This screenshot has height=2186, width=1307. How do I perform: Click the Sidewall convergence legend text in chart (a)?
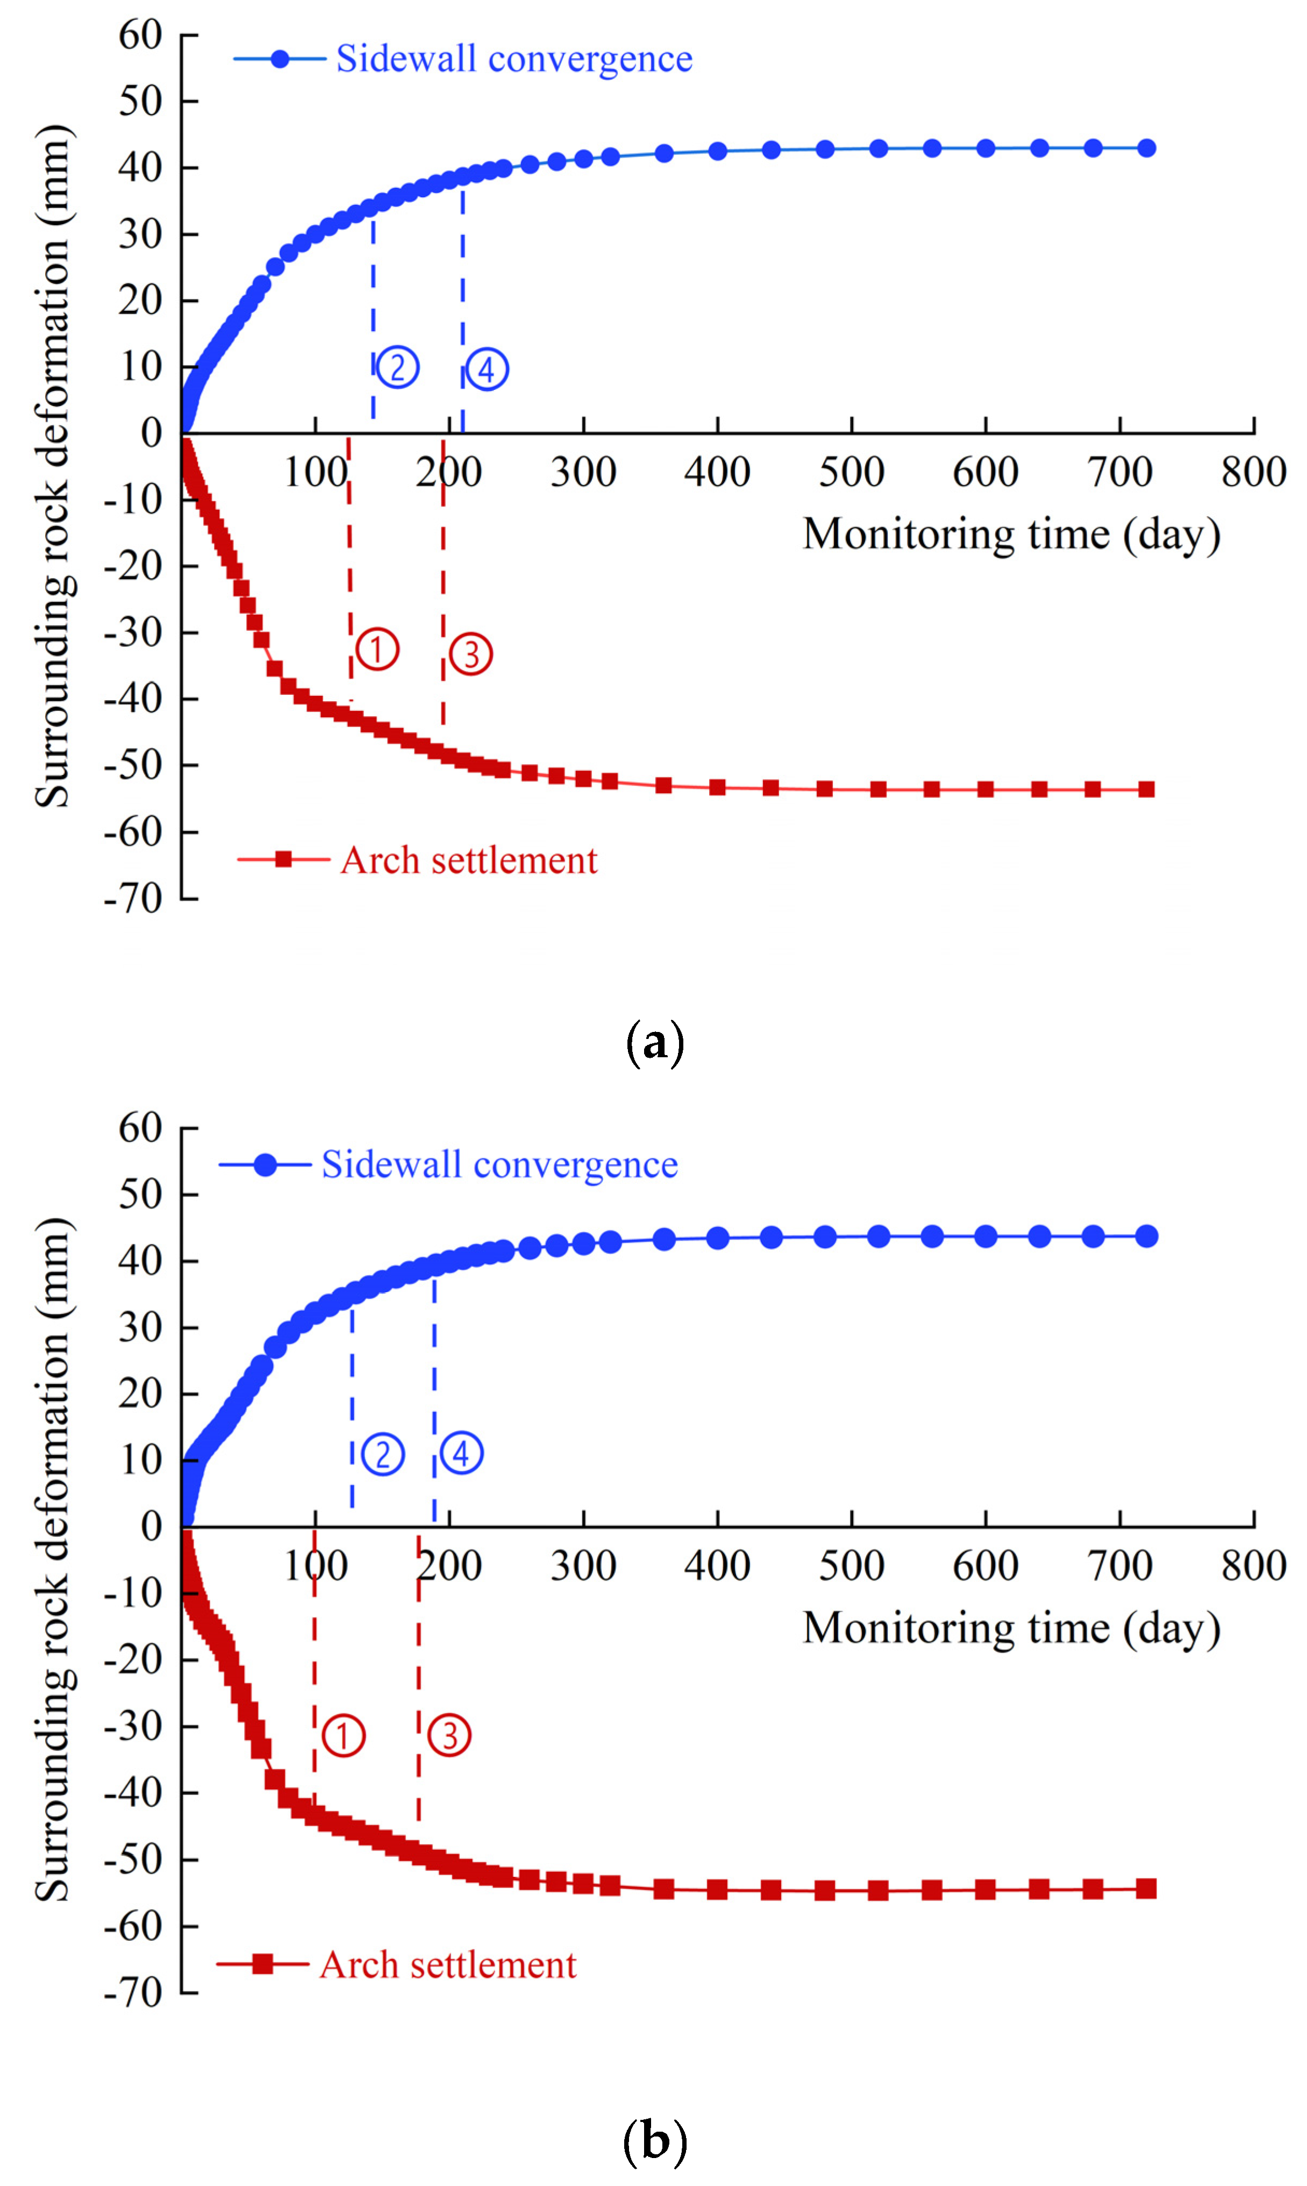click(515, 59)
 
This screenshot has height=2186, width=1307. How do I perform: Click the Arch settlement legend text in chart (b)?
click(448, 1965)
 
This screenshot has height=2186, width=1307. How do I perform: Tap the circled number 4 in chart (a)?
click(487, 370)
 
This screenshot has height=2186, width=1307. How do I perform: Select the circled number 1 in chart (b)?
click(342, 1736)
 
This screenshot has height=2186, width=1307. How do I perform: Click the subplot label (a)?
click(654, 1043)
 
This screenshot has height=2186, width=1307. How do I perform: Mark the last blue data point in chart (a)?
click(1146, 148)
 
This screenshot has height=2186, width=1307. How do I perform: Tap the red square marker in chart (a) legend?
click(283, 859)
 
